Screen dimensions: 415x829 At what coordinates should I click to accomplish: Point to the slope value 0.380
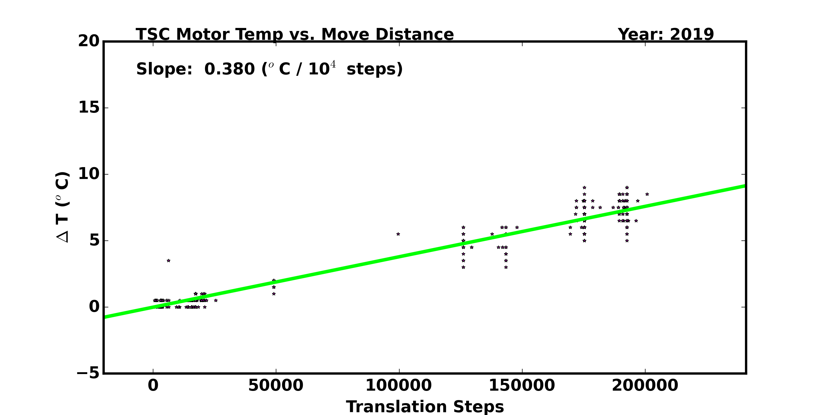point(229,69)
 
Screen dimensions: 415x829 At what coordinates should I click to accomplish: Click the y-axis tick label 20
point(89,41)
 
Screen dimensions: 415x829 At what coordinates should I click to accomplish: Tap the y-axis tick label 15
point(89,108)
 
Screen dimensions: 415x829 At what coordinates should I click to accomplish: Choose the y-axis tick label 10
point(89,174)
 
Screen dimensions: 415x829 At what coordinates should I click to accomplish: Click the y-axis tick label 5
point(94,240)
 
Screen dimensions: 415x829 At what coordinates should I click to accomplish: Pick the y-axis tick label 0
point(94,307)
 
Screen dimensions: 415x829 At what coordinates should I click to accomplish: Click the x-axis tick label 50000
point(276,385)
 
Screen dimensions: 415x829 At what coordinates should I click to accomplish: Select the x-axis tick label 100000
point(398,385)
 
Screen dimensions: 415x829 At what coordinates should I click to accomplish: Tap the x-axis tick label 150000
point(522,385)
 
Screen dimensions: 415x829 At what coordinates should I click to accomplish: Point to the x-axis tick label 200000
point(645,385)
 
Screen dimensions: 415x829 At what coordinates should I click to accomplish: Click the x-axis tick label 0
point(153,385)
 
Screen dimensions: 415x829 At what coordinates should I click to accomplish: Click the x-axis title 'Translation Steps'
point(425,407)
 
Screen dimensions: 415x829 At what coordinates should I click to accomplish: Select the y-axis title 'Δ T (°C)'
point(62,207)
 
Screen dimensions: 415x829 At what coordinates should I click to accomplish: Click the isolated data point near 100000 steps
point(398,234)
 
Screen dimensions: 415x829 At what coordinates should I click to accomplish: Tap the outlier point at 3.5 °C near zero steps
point(168,261)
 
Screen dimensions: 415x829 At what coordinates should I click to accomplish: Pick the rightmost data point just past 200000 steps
point(647,194)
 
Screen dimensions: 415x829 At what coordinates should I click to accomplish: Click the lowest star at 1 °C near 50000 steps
point(274,294)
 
